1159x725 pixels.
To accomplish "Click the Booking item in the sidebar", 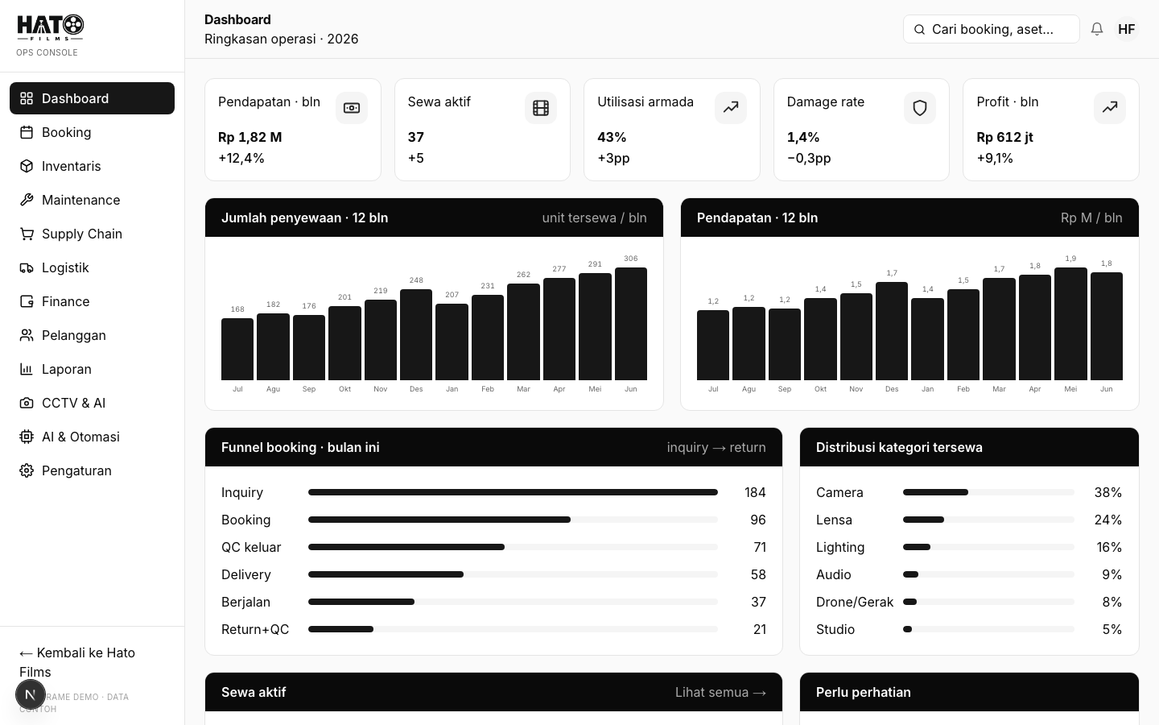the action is coord(66,133).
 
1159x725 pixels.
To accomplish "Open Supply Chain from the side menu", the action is coord(82,234).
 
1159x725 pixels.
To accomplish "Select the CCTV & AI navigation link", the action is coord(73,403).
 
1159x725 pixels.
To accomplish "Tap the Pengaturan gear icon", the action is coord(27,470).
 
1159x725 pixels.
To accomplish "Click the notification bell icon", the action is coord(1096,29).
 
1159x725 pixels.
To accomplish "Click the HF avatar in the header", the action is coord(1127,29).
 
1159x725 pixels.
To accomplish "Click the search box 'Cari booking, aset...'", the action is coord(991,29).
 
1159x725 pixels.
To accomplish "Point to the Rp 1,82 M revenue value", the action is coord(250,137).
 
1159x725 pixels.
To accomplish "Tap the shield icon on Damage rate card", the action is coord(919,108).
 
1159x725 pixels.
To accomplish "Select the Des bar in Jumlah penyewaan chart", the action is coord(416,334).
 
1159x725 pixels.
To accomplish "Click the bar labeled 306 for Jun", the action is coord(631,324).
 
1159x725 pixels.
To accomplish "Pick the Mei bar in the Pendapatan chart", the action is coord(1070,324).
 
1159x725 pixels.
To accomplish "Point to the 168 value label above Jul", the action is coord(237,309).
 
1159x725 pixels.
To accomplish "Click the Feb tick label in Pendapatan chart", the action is coord(963,389).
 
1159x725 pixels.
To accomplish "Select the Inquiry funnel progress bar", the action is coord(513,492).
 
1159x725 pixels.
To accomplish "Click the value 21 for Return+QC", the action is coord(759,629).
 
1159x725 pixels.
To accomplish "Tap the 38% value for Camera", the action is coord(1107,492).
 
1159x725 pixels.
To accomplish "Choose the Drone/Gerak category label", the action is coord(854,602).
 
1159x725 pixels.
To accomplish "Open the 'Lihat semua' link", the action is coord(720,693).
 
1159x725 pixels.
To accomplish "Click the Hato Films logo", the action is coord(50,27).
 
